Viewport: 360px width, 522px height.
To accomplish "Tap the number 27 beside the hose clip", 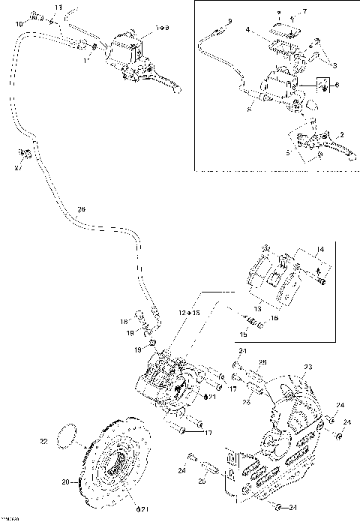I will tap(18, 169).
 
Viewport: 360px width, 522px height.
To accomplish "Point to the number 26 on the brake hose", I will tap(81, 208).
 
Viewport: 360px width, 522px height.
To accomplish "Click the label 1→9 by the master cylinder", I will tap(161, 28).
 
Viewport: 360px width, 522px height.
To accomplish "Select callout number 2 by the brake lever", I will tap(341, 134).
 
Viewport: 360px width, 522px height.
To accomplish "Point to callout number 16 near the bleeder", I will tap(274, 318).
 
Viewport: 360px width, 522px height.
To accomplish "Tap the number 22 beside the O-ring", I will tap(43, 442).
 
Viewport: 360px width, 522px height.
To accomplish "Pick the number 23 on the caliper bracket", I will tap(307, 367).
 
